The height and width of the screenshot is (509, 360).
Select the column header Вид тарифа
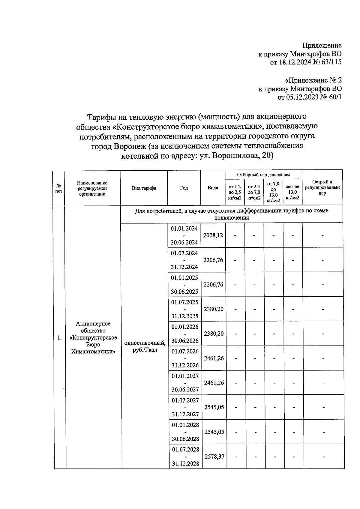point(144,188)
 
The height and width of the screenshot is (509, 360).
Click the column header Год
point(184,188)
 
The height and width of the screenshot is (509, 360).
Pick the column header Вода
point(213,188)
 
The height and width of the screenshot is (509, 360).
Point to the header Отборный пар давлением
point(263,175)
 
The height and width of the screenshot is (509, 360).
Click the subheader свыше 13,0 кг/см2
point(292,192)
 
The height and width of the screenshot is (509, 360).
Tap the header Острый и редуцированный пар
point(322,187)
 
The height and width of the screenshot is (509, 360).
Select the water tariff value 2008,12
point(213,235)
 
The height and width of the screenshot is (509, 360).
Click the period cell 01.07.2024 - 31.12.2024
point(184,260)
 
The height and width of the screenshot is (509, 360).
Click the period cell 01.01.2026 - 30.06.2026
point(184,334)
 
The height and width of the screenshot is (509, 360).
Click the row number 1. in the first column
point(59,338)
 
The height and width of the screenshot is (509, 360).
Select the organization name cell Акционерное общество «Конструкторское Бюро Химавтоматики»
point(93,337)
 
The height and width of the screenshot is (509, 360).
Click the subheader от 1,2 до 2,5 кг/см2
point(235,192)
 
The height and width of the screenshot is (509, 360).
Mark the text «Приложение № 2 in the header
point(313,80)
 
